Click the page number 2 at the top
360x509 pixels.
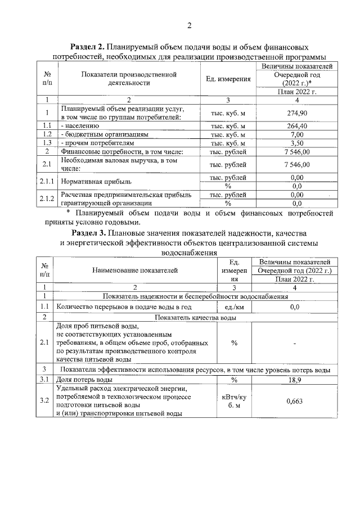coord(190,25)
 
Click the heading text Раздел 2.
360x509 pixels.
coord(87,47)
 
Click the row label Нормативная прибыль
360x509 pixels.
coord(96,182)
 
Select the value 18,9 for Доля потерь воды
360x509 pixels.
coord(294,380)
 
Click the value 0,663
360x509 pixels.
coord(294,401)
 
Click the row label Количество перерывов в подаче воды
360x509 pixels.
coord(129,307)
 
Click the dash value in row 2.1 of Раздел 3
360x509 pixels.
coord(294,343)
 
